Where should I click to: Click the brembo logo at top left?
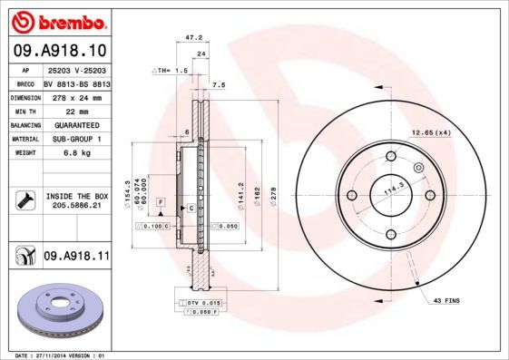pos(58,19)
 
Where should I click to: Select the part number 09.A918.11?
pos(75,258)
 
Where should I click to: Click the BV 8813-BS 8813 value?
pos(75,83)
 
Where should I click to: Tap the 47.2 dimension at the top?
pos(192,38)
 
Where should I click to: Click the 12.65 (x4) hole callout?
pos(430,133)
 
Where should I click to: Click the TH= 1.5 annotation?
pos(170,70)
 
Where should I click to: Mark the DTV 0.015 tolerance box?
pos(200,302)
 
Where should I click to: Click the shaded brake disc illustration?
pos(60,307)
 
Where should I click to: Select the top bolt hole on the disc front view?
pos(391,156)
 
